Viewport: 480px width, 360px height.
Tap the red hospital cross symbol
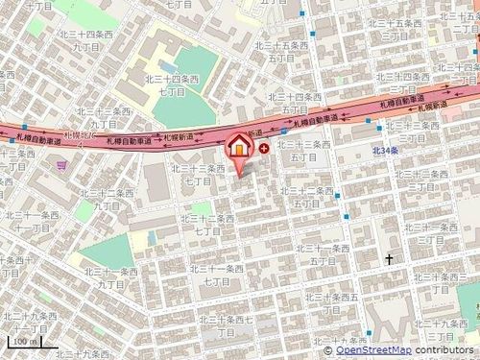coord(264,148)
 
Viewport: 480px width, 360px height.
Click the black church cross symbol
coord(390,259)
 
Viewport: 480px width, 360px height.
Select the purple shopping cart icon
coord(62,166)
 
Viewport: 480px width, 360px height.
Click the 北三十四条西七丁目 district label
coord(172,85)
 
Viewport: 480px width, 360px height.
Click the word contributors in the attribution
coord(444,351)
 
